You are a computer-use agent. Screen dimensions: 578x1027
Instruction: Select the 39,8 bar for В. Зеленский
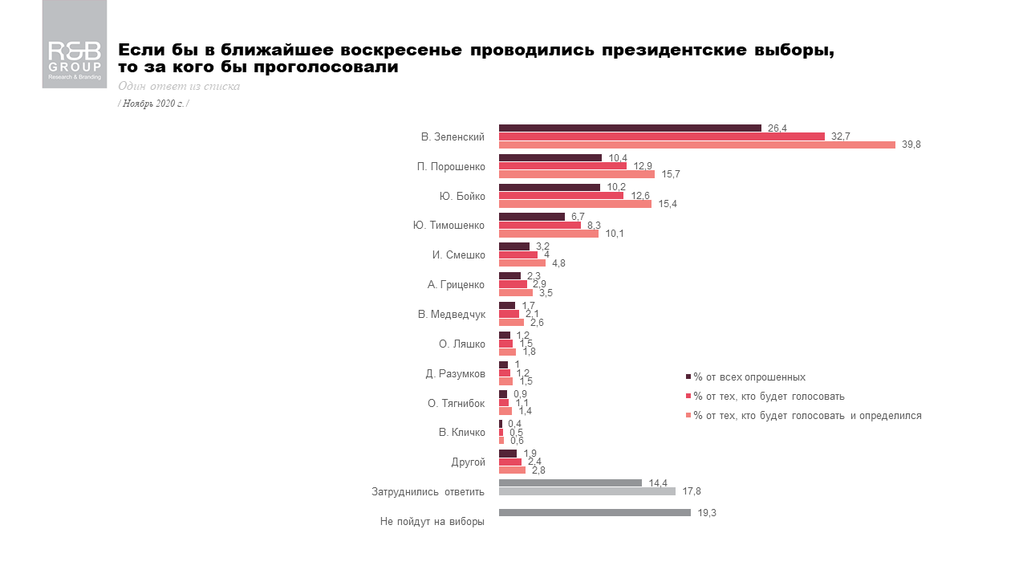click(696, 144)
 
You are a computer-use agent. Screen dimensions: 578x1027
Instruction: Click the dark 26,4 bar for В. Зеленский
click(630, 128)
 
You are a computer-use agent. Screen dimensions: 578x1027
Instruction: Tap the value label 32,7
click(841, 136)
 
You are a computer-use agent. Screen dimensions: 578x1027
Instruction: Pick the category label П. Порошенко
click(451, 166)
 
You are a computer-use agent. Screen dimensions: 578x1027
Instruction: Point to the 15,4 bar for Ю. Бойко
click(574, 204)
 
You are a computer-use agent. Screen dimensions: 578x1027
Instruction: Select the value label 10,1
click(615, 234)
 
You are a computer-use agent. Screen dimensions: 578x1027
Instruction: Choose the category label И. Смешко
click(458, 254)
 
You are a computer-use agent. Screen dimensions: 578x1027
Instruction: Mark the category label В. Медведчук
click(451, 314)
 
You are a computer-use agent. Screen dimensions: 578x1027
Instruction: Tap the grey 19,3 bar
click(595, 512)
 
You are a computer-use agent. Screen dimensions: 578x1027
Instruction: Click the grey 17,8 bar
click(587, 490)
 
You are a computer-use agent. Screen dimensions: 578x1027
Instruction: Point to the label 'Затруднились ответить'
click(428, 491)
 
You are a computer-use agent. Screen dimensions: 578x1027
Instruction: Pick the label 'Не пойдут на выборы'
click(432, 522)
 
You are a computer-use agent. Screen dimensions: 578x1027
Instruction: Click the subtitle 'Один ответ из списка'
click(178, 87)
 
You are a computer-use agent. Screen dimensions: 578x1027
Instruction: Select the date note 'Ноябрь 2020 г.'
click(153, 104)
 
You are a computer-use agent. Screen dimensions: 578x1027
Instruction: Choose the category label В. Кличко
click(461, 433)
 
